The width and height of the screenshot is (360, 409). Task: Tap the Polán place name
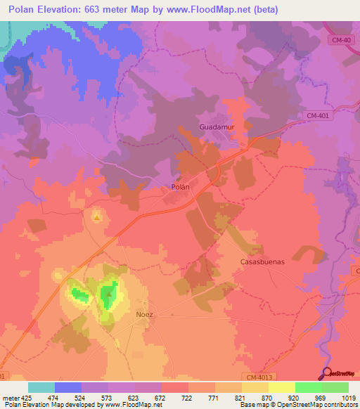pyautogui.click(x=181, y=187)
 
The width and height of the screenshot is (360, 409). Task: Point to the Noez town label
pyautogui.click(x=144, y=314)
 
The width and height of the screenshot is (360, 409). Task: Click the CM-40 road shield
pyautogui.click(x=341, y=40)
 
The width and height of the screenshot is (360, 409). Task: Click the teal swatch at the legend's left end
pyautogui.click(x=41, y=387)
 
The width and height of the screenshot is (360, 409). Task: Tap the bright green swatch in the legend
pyautogui.click(x=309, y=387)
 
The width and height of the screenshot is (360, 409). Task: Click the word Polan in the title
pyautogui.click(x=25, y=9)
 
